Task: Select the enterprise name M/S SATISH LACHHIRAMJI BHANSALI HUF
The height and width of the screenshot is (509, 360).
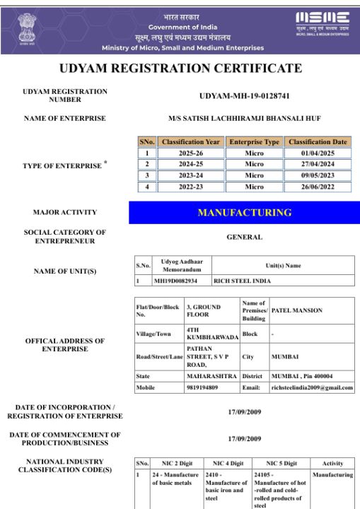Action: [x=245, y=118]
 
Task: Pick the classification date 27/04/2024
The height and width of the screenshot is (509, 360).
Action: [x=318, y=164]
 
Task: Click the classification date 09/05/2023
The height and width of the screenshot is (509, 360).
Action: [x=318, y=175]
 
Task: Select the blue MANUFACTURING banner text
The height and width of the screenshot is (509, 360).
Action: [x=245, y=213]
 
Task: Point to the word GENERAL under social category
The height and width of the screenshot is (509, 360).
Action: [x=245, y=237]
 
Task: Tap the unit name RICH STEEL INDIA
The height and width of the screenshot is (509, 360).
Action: [x=243, y=281]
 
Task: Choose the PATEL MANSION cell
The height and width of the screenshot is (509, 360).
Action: [x=297, y=310]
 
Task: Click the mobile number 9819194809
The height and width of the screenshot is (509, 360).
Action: [x=202, y=387]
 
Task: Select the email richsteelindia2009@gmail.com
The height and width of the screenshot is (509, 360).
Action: [x=312, y=387]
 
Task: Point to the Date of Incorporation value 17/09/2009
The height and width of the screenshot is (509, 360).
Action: [x=245, y=411]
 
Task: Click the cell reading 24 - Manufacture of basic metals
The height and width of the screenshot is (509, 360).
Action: [x=175, y=479]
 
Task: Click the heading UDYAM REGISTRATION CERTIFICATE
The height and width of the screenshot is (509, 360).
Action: [x=180, y=69]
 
